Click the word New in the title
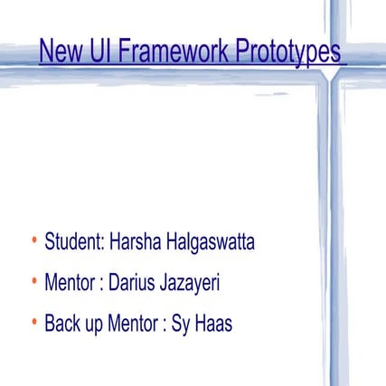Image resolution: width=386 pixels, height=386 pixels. coord(59,52)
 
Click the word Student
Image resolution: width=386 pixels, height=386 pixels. coord(73,242)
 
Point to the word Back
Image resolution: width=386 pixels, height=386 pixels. coord(62,325)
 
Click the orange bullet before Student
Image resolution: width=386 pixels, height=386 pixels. coord(33,241)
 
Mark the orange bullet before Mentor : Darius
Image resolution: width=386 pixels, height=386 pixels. coord(33,282)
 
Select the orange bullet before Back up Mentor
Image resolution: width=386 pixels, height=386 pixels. coord(33,323)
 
